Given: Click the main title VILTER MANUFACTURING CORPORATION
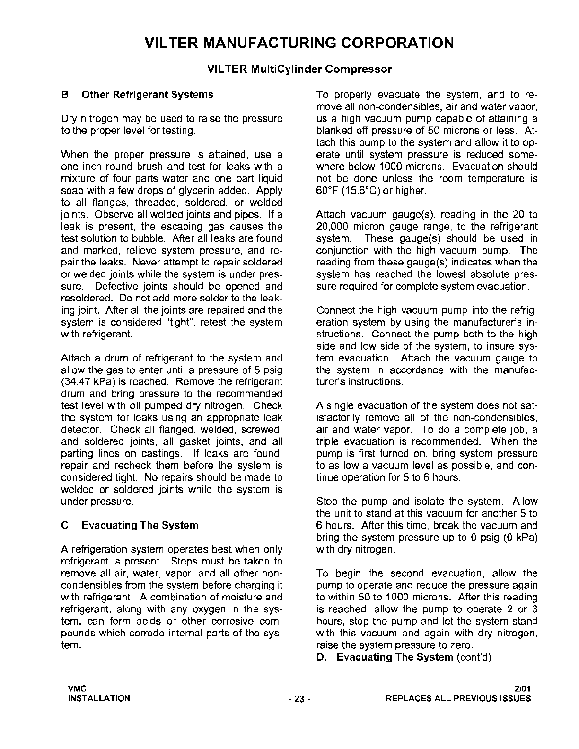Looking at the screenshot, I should [299, 43].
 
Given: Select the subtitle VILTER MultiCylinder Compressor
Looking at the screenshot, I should [299, 70].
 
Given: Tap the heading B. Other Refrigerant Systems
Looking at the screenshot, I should [138, 95].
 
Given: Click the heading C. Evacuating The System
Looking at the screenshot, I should [130, 526].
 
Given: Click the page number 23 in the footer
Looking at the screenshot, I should [298, 699].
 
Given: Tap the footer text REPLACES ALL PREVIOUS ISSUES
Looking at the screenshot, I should [458, 699].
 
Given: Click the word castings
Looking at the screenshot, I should [161, 454].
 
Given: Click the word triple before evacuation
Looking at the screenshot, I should [328, 442].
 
